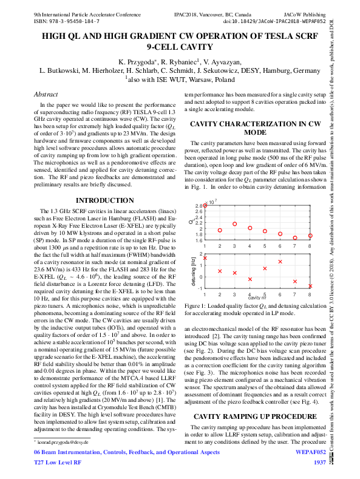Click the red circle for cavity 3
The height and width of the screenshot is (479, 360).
click(235, 224)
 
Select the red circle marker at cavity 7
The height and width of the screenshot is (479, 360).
click(295, 238)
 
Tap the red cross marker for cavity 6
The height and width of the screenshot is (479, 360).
click(280, 262)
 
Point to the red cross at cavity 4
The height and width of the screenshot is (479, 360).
click(250, 279)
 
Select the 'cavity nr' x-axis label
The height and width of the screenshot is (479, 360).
click(257, 297)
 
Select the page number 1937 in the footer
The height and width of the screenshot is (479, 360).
click(320, 463)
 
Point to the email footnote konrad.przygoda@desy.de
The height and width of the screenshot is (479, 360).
click(63, 444)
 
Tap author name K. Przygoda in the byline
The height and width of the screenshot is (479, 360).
click(138, 61)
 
